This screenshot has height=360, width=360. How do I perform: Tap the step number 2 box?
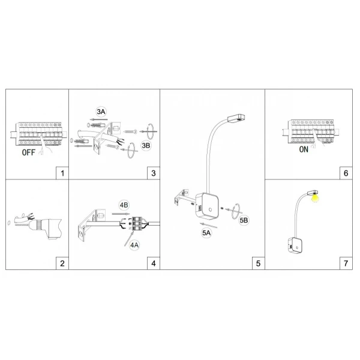click(62, 263)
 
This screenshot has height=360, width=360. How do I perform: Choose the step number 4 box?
click(154, 263)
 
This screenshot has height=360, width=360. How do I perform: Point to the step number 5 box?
click(259, 263)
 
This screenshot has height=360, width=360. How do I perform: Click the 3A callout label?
click(101, 112)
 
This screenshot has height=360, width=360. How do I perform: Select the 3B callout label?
click(146, 146)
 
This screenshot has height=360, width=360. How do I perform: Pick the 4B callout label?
click(125, 205)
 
